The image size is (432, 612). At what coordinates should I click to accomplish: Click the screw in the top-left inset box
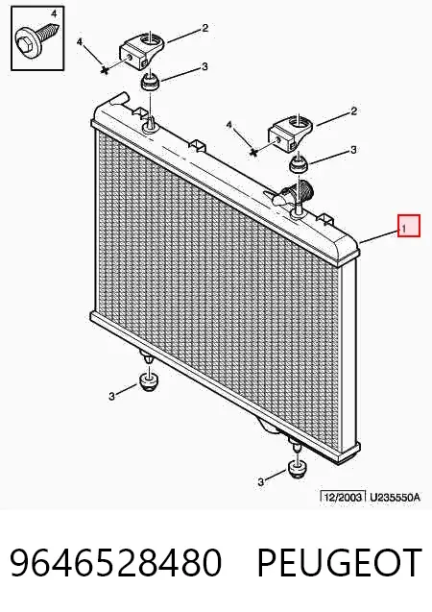coord(37,37)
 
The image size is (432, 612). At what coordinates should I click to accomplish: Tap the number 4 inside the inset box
coord(54,14)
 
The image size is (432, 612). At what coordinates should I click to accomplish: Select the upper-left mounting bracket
coord(142,50)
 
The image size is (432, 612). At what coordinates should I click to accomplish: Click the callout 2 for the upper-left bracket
coord(205,28)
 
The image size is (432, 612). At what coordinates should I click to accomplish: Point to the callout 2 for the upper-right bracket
coord(353,111)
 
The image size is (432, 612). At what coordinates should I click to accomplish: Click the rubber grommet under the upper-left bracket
coord(151,81)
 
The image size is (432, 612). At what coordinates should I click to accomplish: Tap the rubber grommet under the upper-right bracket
coord(299,164)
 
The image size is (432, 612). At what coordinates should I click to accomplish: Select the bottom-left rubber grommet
coord(148,381)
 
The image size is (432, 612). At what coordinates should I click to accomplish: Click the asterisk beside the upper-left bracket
coord(104,70)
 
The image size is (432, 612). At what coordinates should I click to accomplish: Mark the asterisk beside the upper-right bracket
coord(253,152)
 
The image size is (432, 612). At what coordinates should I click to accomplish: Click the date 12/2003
coord(343,497)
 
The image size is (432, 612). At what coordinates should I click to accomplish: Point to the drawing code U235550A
coord(395,498)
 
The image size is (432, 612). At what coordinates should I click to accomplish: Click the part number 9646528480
coord(116,562)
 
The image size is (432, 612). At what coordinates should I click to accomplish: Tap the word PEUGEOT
coord(339,562)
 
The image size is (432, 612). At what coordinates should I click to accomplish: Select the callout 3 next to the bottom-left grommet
coord(112,397)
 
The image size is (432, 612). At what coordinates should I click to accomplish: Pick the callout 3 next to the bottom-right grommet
coord(260,482)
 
